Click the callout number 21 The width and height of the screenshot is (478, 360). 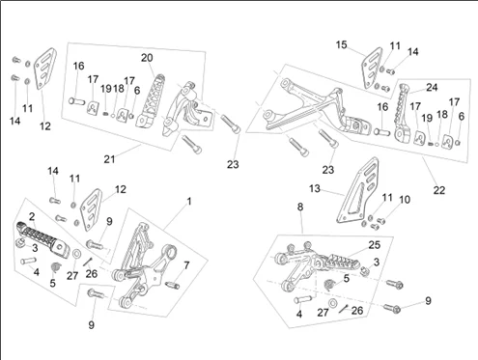[x=109, y=159]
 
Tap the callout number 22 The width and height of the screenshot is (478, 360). [x=439, y=190]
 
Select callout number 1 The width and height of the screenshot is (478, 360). [x=189, y=202]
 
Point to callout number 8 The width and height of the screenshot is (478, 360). [x=300, y=207]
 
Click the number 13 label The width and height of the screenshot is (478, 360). [x=315, y=188]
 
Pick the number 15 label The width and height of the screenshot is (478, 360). [x=342, y=44]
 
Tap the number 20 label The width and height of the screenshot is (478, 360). [x=147, y=58]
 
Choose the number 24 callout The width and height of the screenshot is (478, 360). [x=432, y=87]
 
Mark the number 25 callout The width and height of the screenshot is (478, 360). [x=375, y=245]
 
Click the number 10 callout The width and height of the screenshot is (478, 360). [x=405, y=200]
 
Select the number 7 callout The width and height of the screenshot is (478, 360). [x=186, y=265]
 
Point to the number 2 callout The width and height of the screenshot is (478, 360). [x=32, y=216]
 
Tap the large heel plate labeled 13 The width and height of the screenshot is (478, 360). [x=357, y=190]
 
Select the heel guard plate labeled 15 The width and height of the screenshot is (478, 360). [x=372, y=68]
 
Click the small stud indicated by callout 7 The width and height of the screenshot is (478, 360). [x=173, y=285]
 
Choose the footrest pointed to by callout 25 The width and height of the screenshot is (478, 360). [x=343, y=261]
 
